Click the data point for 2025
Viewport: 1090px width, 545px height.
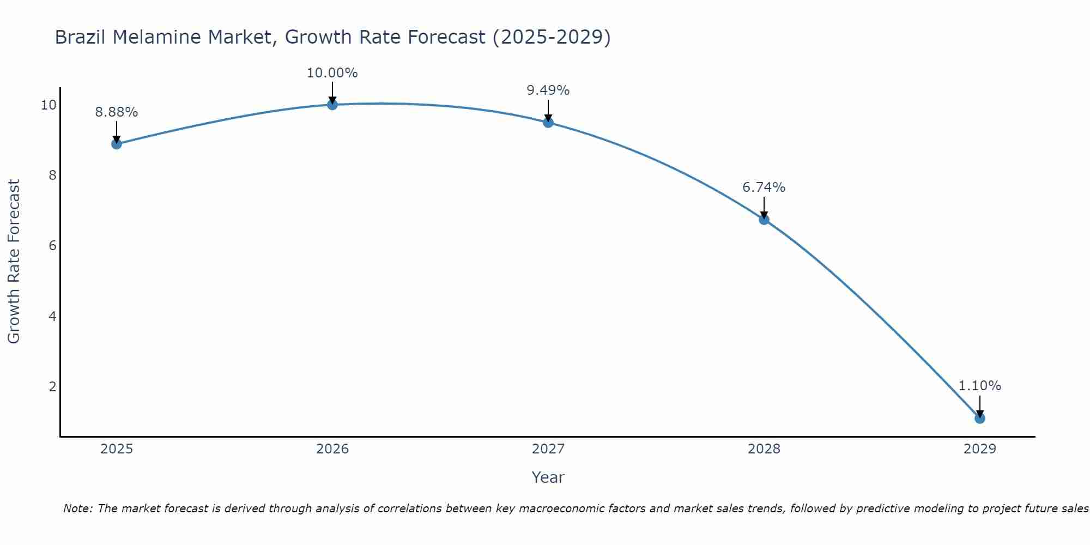click(117, 144)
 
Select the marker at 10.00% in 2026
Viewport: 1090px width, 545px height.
click(332, 105)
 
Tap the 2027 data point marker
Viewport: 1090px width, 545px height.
click(548, 123)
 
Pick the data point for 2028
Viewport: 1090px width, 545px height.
click(764, 220)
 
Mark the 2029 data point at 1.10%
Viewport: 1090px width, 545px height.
click(980, 419)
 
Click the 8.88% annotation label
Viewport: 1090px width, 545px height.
click(117, 112)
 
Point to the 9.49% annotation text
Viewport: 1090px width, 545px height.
click(548, 90)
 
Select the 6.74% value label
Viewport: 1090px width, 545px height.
click(764, 187)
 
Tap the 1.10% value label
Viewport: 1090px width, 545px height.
click(980, 386)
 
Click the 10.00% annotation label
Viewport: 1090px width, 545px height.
click(332, 73)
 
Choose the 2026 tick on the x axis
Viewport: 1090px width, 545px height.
click(332, 449)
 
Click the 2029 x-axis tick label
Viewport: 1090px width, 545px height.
click(980, 449)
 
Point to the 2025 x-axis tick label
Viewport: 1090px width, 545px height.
click(117, 449)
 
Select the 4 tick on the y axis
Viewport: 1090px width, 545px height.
click(53, 316)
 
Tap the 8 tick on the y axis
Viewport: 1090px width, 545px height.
click(53, 175)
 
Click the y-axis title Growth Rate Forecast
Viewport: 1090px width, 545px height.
click(14, 262)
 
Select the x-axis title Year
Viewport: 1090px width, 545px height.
click(548, 477)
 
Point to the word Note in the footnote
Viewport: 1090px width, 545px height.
click(78, 508)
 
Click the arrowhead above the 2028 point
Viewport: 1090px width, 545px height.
click(764, 215)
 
